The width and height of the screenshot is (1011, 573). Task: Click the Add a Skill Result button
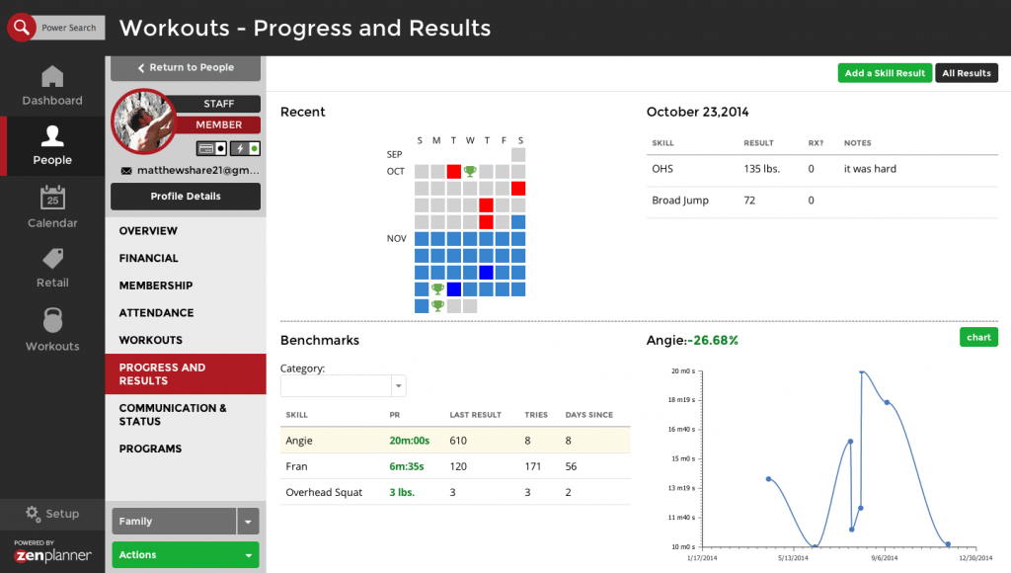point(885,73)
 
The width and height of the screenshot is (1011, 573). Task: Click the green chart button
point(978,338)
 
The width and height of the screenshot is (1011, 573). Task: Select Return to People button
point(186,68)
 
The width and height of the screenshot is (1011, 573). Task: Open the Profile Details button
point(186,197)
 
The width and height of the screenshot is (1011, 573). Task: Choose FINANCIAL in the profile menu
point(149,258)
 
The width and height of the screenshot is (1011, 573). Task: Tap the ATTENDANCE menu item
point(156,312)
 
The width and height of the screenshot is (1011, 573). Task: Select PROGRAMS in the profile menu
point(150,449)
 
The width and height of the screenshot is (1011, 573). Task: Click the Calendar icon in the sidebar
point(52,199)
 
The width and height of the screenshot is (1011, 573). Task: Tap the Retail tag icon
point(52,259)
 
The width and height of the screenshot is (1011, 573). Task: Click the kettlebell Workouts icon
point(52,320)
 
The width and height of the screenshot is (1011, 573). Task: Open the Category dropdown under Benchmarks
point(343,386)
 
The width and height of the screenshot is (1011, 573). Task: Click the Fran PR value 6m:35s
point(407,466)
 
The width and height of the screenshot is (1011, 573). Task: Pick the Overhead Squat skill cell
point(324,492)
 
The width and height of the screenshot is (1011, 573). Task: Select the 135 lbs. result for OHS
point(761,169)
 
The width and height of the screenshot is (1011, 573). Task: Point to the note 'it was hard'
point(870,169)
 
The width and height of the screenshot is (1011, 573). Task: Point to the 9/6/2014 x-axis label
point(886,559)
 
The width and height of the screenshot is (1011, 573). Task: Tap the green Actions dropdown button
point(186,555)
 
